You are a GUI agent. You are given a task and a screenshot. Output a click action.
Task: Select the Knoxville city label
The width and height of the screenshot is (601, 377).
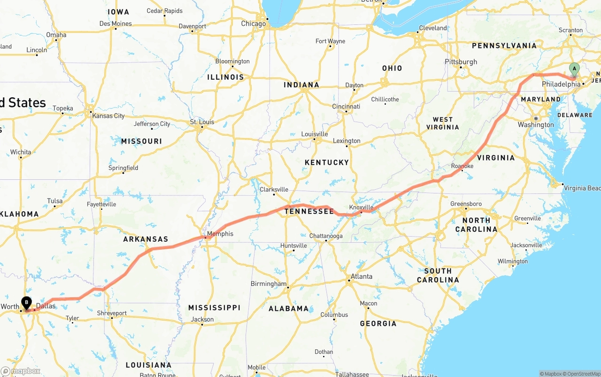(361, 207)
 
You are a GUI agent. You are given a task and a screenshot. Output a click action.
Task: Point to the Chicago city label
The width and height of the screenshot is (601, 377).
(254, 23)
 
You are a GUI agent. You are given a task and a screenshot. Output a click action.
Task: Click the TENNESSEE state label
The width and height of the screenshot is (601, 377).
(309, 212)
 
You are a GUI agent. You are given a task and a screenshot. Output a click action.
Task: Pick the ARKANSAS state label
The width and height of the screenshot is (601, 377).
(146, 239)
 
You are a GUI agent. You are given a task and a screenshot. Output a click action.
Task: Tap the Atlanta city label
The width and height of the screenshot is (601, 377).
(362, 276)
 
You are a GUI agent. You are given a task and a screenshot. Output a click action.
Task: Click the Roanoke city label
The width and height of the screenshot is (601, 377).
(462, 166)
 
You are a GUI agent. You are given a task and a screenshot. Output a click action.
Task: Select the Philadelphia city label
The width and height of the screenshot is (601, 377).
(561, 84)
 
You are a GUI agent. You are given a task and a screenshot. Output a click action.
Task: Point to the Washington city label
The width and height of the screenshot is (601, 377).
(536, 125)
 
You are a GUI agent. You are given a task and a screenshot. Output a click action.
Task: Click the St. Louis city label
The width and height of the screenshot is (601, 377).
(202, 122)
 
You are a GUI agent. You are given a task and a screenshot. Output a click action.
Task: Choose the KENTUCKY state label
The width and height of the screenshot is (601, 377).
(327, 162)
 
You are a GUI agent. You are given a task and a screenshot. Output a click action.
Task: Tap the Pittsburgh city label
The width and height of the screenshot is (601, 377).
(461, 62)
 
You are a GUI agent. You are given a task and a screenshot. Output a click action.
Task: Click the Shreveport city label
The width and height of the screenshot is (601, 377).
(112, 313)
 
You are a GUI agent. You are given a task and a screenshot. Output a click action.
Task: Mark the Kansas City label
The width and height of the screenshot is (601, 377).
(108, 115)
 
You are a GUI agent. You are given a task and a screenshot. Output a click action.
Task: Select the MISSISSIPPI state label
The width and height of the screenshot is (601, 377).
(214, 308)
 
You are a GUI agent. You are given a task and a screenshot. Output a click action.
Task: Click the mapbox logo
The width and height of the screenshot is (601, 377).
(21, 371)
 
